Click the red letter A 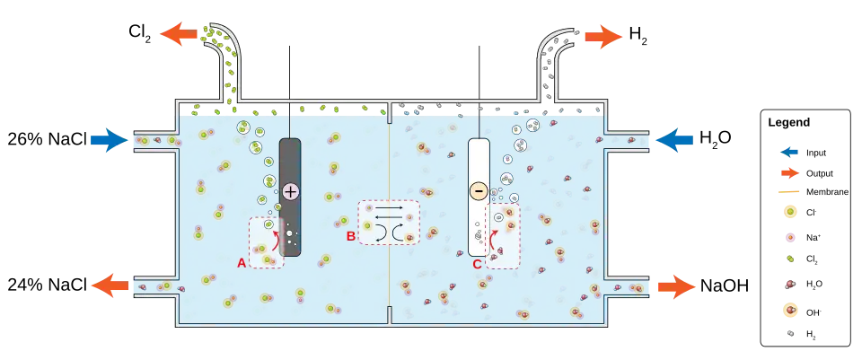(241, 263)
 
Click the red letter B (351, 237)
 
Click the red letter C (477, 263)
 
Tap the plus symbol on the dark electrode (290, 190)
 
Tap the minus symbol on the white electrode (479, 190)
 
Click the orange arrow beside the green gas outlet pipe (180, 35)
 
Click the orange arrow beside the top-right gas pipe (603, 38)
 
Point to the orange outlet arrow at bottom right (676, 287)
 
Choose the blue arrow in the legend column (790, 152)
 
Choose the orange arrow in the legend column (790, 172)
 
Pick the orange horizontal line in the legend (790, 191)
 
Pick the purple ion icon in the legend (790, 237)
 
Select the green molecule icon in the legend (790, 259)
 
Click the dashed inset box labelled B (389, 223)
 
